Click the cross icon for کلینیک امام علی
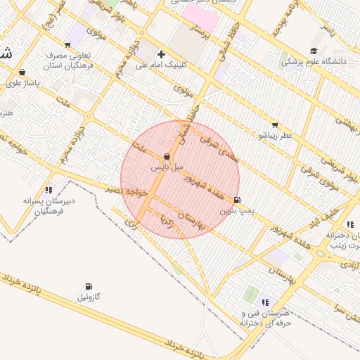[x=162, y=54]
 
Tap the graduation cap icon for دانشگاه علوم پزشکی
[x=313, y=51]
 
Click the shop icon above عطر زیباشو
[x=274, y=124]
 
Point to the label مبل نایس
[x=167, y=167]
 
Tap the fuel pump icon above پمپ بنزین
[x=236, y=200]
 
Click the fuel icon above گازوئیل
[x=88, y=286]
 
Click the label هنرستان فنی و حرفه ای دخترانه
[x=265, y=318]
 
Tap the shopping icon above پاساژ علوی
[x=23, y=72]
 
